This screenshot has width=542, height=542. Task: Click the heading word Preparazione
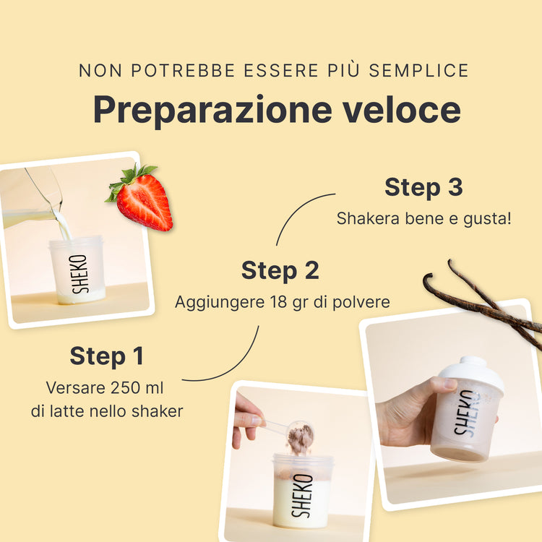click(x=212, y=111)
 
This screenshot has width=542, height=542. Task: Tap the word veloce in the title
click(x=402, y=109)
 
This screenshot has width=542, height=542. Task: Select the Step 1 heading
click(x=106, y=356)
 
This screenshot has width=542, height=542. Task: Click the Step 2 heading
click(x=280, y=270)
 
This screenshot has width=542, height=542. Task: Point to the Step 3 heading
click(x=423, y=187)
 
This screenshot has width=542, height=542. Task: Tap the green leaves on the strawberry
click(x=129, y=180)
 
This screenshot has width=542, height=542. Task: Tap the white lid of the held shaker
click(x=472, y=373)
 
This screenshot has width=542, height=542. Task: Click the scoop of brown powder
click(x=300, y=437)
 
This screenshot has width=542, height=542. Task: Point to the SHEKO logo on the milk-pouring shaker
click(x=79, y=274)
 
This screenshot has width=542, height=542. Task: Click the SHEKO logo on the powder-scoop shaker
click(x=302, y=495)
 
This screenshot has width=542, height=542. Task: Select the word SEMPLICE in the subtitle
click(x=418, y=71)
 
